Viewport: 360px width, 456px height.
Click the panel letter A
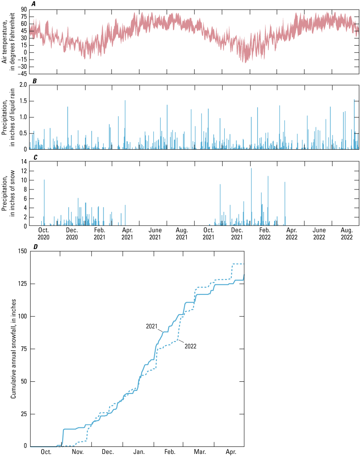point(34,4)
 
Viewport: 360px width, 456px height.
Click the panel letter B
point(34,80)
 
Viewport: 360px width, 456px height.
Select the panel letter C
point(34,157)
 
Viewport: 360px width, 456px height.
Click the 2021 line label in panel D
point(152,326)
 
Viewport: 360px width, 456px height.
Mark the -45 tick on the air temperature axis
point(22,74)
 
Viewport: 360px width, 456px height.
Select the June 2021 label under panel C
point(155,234)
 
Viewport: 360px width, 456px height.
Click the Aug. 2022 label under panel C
point(345,234)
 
